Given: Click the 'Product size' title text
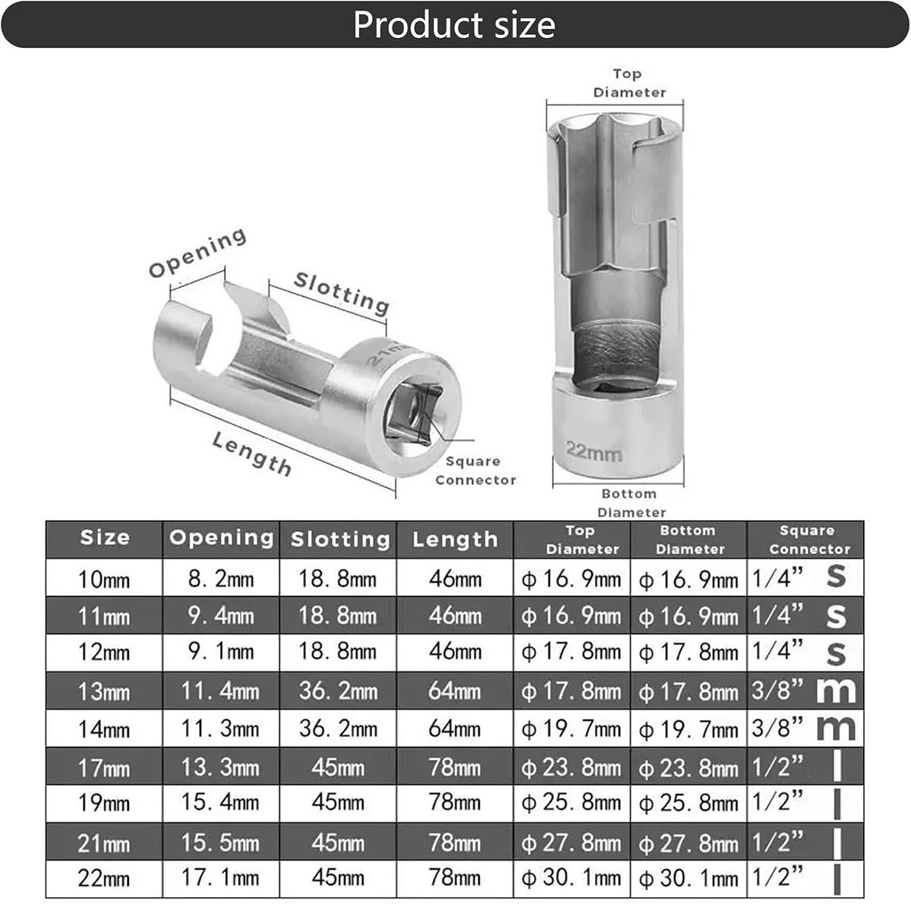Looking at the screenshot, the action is [454, 25].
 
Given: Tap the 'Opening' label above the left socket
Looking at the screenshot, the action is [197, 253].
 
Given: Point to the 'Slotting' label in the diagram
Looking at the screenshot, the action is [342, 293].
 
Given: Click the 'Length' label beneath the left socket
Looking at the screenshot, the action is [251, 454].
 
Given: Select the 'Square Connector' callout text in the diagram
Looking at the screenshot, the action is [475, 471].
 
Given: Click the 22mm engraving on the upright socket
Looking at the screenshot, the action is [594, 452].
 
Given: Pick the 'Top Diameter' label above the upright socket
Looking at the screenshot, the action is [629, 83].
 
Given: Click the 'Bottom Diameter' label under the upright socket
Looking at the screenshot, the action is [631, 503].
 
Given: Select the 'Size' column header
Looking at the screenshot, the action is [105, 537].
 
